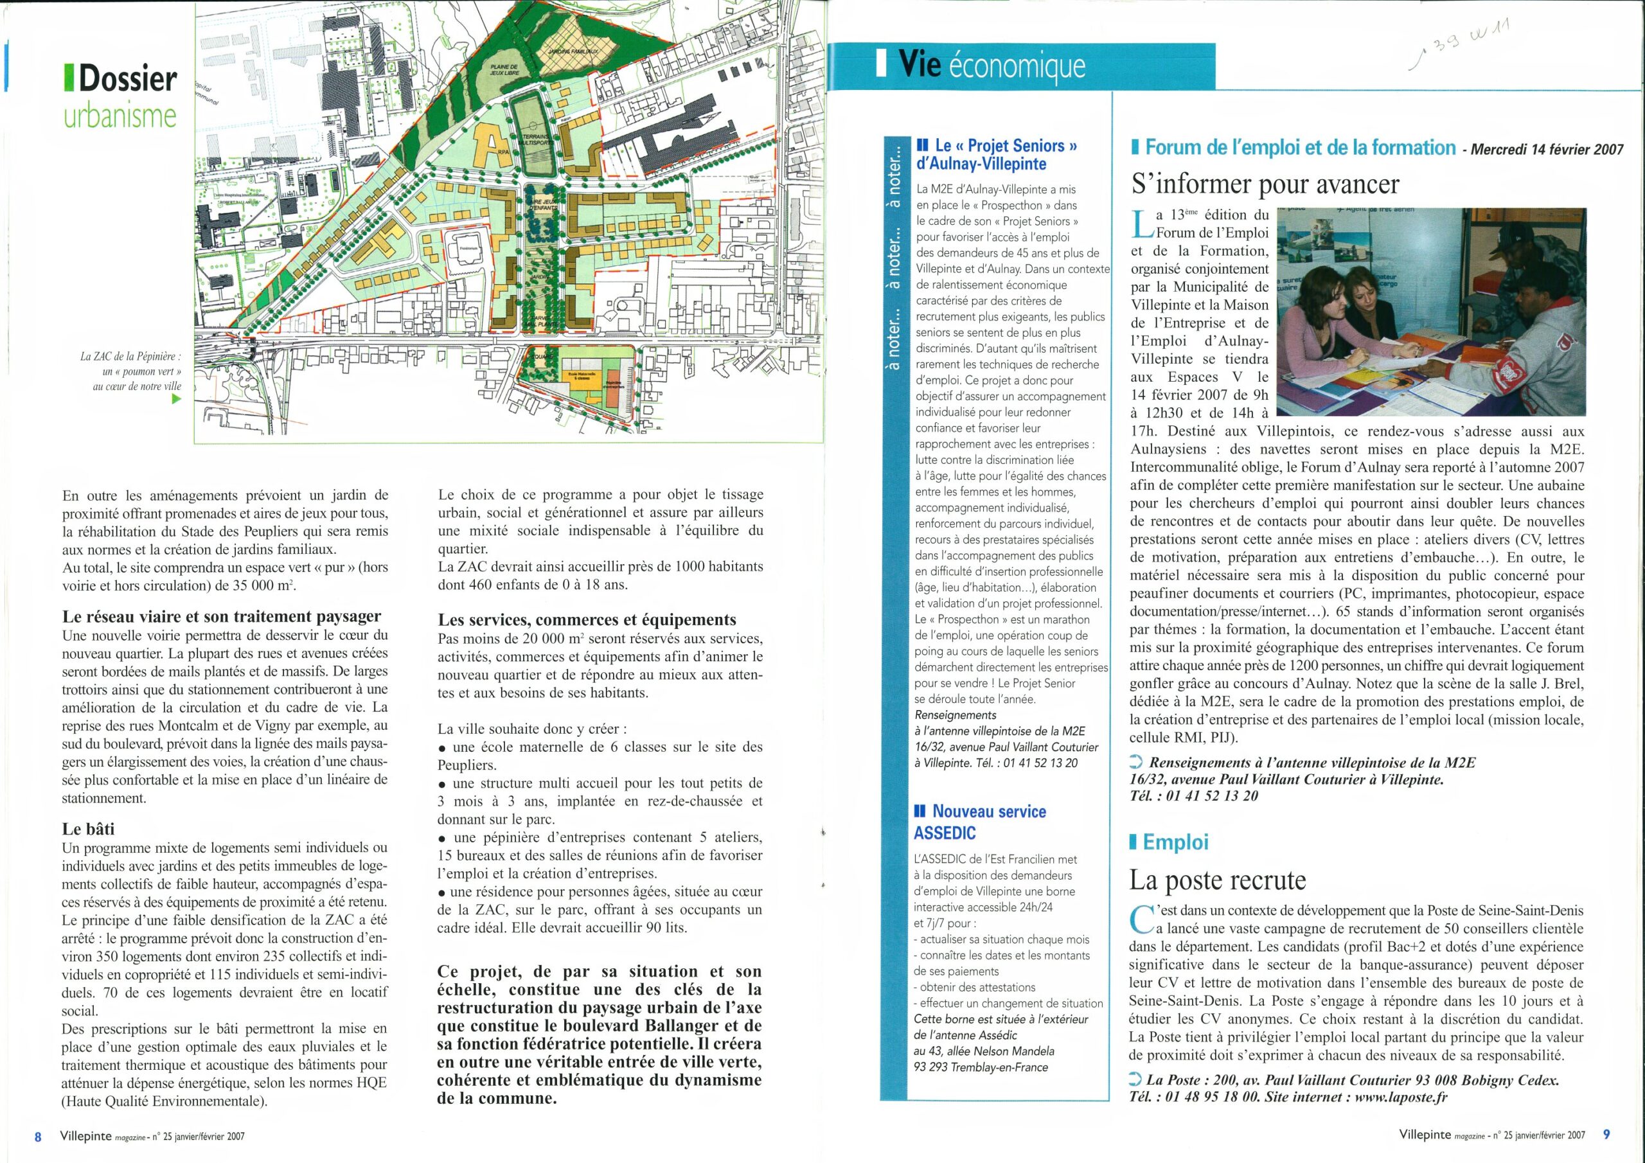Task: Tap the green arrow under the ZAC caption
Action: (x=176, y=400)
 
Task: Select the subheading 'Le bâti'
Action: (x=89, y=829)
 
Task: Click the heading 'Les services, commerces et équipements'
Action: (x=587, y=619)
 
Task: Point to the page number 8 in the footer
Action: (x=38, y=1137)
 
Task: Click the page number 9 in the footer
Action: (x=1606, y=1134)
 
